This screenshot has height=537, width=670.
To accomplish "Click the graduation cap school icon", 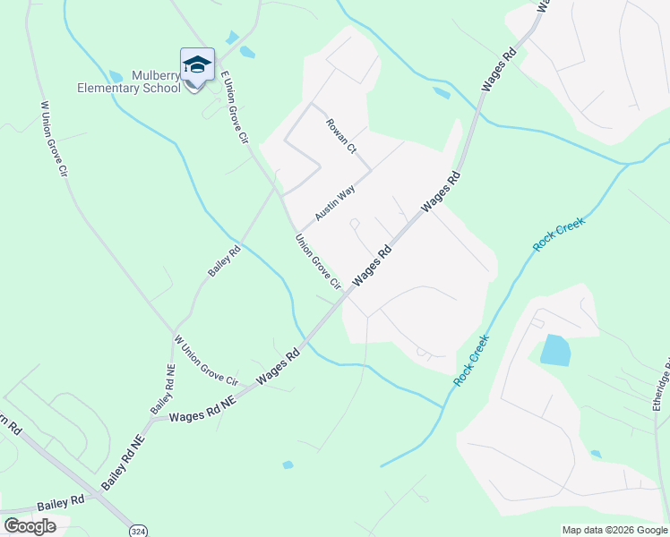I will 197,64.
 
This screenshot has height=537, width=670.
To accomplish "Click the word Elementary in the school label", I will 117,88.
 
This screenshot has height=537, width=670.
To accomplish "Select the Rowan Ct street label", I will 340,136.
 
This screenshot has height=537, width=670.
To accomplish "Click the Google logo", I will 30,525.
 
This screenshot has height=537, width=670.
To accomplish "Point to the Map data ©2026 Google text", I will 614,530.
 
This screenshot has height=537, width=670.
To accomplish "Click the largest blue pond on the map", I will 555,350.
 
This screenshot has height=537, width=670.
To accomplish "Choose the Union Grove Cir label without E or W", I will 319,261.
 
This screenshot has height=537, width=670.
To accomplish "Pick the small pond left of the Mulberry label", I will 116,77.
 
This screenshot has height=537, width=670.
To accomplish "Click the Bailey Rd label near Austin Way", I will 224,261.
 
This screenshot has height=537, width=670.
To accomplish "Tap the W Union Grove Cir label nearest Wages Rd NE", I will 206,361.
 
